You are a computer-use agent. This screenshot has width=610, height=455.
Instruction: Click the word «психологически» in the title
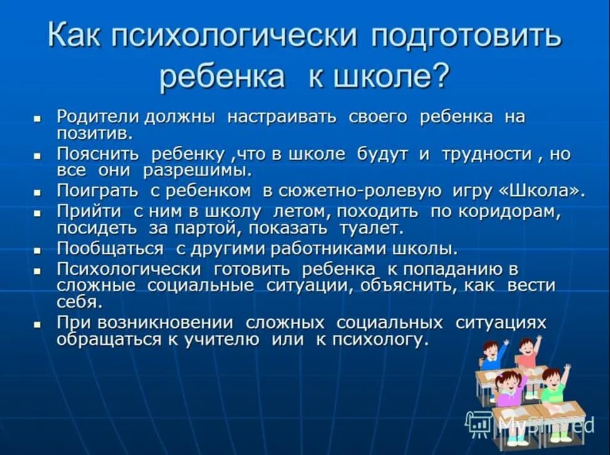click(234, 38)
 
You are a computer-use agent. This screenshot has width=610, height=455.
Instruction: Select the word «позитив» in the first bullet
click(94, 133)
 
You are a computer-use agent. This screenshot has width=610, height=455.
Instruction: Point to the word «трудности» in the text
click(487, 155)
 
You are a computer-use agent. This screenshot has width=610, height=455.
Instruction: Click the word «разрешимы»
click(197, 170)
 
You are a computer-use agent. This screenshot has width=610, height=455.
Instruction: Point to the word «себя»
click(78, 302)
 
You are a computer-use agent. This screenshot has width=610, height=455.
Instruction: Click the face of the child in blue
click(490, 348)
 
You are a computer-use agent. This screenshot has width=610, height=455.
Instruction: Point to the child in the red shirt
click(527, 354)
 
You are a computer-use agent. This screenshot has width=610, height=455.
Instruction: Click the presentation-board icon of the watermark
click(479, 422)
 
